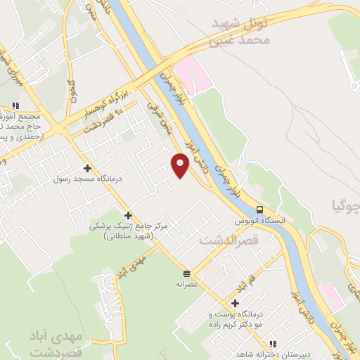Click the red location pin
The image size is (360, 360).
[180, 165]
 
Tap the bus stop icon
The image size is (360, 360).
[259, 210]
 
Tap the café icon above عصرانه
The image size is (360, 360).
[186, 274]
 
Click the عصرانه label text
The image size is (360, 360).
[187, 285]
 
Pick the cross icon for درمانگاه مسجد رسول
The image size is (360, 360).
[87, 168]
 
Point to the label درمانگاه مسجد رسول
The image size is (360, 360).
[87, 179]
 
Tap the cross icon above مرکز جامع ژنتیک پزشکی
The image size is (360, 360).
[128, 215]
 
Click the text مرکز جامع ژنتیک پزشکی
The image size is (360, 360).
[128, 226]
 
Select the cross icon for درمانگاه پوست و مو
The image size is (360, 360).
[235, 302]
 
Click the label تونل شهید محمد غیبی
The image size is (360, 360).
[242, 32]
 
